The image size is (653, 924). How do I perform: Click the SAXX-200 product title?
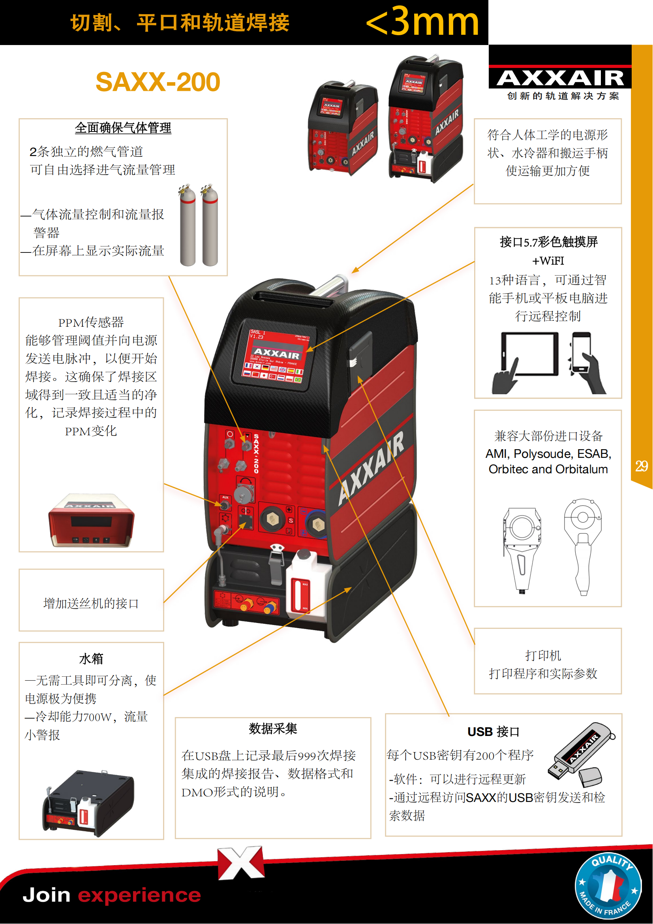pos(158,82)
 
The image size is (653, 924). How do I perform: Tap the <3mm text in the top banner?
pos(422,22)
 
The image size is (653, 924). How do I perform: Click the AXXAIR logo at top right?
pos(560,78)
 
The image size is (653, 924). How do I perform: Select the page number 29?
pos(641,466)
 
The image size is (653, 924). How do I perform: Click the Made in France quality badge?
pos(608,885)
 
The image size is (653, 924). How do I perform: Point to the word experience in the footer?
pos(139,895)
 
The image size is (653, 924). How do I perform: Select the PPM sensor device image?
pos(91,520)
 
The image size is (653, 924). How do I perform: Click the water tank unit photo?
pos(88,803)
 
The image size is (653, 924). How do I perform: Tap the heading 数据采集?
pos(273,728)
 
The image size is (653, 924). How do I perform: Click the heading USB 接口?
pos(494,732)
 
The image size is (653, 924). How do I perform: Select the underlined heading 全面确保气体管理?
pos(123,128)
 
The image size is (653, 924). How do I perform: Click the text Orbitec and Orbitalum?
pos(548,469)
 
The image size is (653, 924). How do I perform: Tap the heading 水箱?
pos(91,659)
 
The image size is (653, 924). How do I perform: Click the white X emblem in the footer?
pos(241,863)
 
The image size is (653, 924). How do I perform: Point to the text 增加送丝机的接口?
pos(91,603)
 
